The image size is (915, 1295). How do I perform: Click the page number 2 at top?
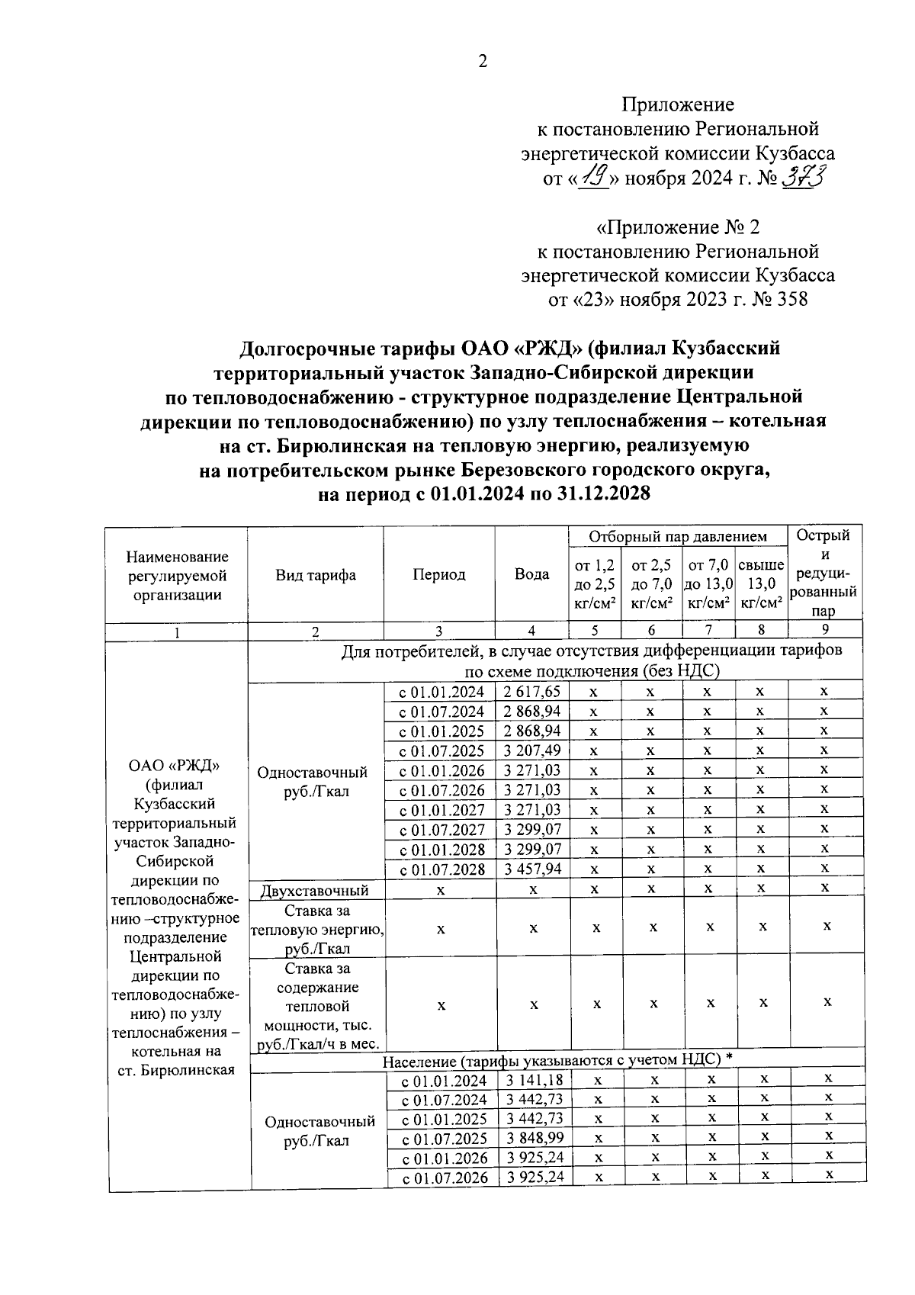(482, 63)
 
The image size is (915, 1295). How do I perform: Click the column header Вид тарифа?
(316, 575)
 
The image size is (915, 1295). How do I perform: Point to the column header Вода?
(531, 574)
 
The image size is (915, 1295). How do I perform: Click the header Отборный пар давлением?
(678, 537)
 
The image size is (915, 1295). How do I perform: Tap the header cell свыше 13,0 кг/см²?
(761, 584)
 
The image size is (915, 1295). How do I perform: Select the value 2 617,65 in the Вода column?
(532, 692)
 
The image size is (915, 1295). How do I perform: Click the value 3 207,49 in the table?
(532, 750)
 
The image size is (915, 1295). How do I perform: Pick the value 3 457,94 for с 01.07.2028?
(532, 869)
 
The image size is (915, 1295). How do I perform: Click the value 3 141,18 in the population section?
(534, 1080)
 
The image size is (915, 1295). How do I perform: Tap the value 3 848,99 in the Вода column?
(534, 1139)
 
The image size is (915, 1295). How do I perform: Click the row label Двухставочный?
(315, 890)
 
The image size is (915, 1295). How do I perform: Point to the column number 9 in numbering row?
(827, 630)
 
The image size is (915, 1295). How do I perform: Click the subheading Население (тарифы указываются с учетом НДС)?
(557, 1060)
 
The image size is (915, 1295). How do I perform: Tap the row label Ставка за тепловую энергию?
(316, 929)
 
